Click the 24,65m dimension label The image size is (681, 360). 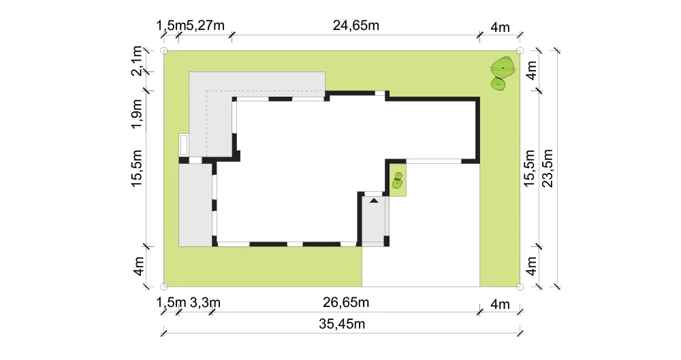click(355, 26)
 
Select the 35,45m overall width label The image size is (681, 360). click(342, 324)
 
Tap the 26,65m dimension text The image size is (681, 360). click(346, 302)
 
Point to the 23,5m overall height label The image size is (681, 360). click(548, 168)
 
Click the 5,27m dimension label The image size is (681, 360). click(206, 26)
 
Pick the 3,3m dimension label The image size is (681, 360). click(205, 302)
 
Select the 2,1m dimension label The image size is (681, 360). click(137, 61)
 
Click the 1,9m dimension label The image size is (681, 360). click(137, 114)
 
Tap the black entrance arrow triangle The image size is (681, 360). click(374, 201)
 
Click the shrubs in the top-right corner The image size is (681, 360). click(503, 73)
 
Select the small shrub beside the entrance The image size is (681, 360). click(398, 180)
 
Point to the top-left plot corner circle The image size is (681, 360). click(163, 51)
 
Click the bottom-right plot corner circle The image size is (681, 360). click(520, 287)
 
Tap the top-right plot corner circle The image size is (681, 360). click(520, 51)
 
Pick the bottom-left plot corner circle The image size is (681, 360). click(163, 287)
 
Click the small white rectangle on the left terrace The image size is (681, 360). click(184, 145)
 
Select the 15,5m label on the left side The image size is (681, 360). click(137, 168)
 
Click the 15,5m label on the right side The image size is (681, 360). click(529, 168)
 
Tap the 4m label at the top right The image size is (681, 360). click(500, 27)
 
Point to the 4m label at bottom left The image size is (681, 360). click(138, 266)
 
